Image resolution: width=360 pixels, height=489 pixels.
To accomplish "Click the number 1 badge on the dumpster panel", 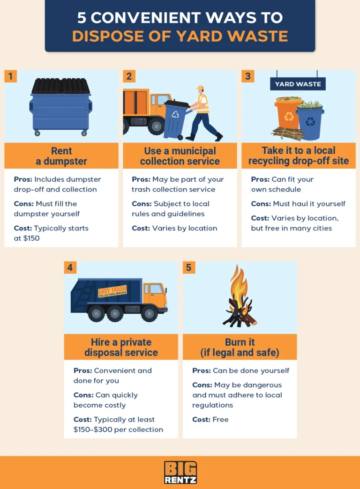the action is [x=10, y=76].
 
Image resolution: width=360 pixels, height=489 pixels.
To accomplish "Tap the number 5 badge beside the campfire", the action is [x=188, y=267].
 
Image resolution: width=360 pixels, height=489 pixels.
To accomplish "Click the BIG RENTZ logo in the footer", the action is [x=180, y=472].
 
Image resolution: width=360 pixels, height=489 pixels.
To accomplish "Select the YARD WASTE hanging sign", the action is [x=298, y=84].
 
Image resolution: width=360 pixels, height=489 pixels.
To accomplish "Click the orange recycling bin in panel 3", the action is [x=288, y=113].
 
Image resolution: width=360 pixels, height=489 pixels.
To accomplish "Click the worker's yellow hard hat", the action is [x=200, y=88].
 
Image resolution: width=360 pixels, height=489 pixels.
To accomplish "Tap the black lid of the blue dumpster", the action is [x=61, y=86].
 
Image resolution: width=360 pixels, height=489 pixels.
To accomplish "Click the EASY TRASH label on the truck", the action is [x=112, y=291].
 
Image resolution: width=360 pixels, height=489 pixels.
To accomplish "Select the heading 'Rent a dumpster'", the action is [x=61, y=156].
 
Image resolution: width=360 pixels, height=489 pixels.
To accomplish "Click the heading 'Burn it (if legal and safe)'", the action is [x=240, y=347].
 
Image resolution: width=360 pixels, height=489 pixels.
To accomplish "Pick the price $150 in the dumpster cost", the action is [x=31, y=238].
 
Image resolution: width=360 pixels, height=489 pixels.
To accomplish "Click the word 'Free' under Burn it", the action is [x=220, y=420].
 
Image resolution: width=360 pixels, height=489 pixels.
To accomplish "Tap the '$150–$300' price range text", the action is [x=93, y=430].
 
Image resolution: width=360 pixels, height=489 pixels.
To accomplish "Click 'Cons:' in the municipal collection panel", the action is [x=142, y=204].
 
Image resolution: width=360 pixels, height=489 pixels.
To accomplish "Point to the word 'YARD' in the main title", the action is [x=202, y=36].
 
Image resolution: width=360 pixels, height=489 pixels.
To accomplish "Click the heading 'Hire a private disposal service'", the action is [x=121, y=347].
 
